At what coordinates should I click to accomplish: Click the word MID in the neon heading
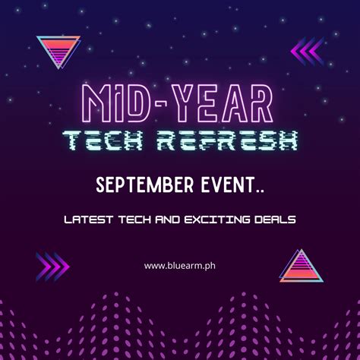click(x=116, y=103)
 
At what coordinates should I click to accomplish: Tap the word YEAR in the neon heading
click(x=223, y=103)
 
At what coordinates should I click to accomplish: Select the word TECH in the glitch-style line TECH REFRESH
click(x=103, y=141)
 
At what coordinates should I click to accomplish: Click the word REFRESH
click(x=227, y=141)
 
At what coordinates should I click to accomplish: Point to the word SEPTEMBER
click(x=145, y=185)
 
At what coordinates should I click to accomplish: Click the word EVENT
click(x=228, y=185)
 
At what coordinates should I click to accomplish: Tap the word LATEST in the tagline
click(x=88, y=219)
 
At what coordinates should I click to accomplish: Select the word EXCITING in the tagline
click(x=217, y=219)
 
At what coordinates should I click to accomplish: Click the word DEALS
click(x=275, y=219)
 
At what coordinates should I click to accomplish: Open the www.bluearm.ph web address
click(x=180, y=266)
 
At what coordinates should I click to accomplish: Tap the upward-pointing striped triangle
click(x=302, y=266)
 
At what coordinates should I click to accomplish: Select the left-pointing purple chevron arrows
click(x=308, y=52)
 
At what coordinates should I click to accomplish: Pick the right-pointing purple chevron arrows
click(x=52, y=267)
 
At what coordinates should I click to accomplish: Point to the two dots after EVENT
click(x=260, y=191)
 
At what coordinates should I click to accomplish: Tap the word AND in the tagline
click(x=168, y=219)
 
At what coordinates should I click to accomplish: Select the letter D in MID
click(x=139, y=103)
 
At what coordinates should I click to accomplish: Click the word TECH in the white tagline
click(x=135, y=219)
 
